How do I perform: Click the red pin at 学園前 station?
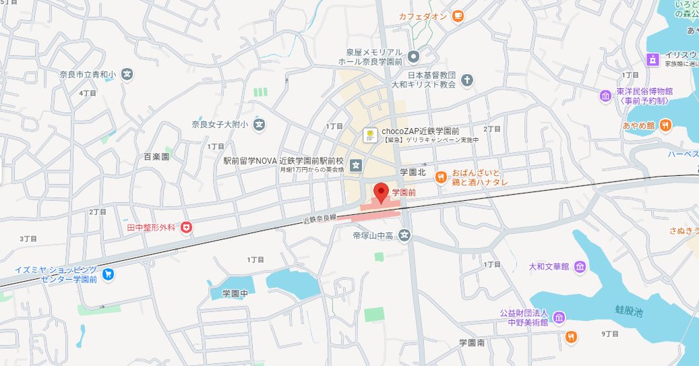pos(381,191)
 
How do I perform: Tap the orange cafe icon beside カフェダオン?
pos(458,16)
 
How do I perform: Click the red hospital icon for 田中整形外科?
pos(185,228)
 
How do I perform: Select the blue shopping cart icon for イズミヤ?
pos(109,274)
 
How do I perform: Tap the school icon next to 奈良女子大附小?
pos(260,124)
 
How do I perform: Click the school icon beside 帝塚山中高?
pos(404,235)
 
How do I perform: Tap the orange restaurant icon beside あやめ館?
pos(665,125)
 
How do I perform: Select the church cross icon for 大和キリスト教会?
pos(468,81)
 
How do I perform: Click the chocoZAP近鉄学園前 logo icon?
pos(370,135)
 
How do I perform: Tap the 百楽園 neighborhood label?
pos(156,156)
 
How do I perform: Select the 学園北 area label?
pos(413,172)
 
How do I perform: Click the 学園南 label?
pos(472,342)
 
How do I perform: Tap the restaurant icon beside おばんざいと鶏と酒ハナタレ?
pos(441,177)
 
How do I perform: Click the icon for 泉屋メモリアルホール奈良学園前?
pos(414,56)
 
